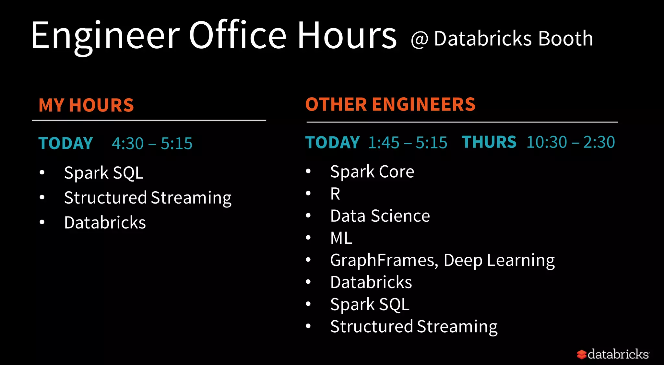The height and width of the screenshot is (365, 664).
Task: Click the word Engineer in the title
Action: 105,36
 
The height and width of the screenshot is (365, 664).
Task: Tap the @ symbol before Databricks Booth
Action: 420,40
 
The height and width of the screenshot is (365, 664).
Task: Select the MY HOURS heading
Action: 86,105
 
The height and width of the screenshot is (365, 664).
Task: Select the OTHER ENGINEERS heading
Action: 390,104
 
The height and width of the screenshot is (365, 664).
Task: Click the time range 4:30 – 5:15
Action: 152,143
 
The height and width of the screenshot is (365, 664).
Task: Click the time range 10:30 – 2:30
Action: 571,142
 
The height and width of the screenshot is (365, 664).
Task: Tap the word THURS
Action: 489,142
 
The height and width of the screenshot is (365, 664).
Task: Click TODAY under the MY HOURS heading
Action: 66,143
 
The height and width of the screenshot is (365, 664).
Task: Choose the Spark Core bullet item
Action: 372,171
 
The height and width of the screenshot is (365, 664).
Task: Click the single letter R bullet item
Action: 335,194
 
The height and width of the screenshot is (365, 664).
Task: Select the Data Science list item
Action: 380,216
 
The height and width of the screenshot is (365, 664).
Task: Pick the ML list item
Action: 341,238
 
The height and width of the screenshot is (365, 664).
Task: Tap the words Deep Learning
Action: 499,260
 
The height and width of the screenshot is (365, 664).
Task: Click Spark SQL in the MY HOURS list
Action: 104,173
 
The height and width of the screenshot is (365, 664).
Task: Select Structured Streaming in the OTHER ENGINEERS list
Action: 414,326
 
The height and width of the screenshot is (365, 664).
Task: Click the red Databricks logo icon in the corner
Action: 582,354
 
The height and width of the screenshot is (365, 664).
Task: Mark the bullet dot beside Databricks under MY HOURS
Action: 42,222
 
